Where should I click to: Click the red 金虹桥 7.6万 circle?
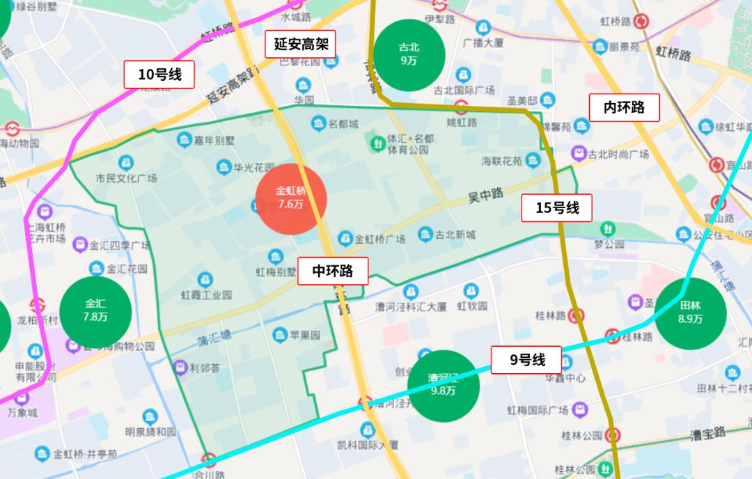coord(291,198)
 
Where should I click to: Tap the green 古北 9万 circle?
coord(409,54)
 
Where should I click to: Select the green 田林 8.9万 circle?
coord(690,313)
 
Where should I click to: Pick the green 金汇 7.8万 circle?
coord(95,311)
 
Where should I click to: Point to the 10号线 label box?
coord(159,74)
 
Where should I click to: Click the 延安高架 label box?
coord(301,45)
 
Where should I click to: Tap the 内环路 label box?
coord(624,107)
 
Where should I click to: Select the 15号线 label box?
coord(557,207)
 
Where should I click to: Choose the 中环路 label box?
coord(333,271)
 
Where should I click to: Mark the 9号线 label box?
coord(526,360)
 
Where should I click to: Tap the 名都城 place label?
coord(343,124)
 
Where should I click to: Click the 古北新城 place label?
coord(456,235)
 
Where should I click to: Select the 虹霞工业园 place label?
coord(206,295)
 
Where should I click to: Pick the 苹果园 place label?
coord(305,335)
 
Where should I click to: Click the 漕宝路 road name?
coord(707,433)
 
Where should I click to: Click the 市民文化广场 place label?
coord(127,178)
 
